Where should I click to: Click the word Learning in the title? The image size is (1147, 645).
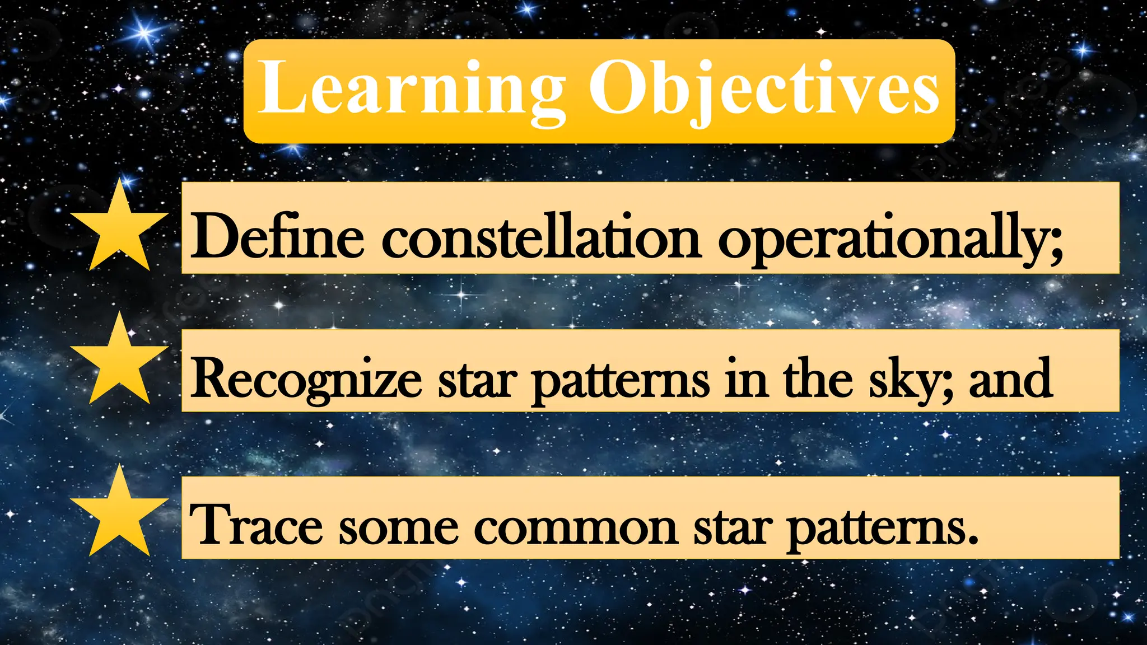412,90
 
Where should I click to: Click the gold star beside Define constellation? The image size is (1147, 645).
119,230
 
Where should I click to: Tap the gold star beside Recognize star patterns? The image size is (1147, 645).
119,363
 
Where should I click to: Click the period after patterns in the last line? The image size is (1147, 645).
973,540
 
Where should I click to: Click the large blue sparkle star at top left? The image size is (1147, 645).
144,32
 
